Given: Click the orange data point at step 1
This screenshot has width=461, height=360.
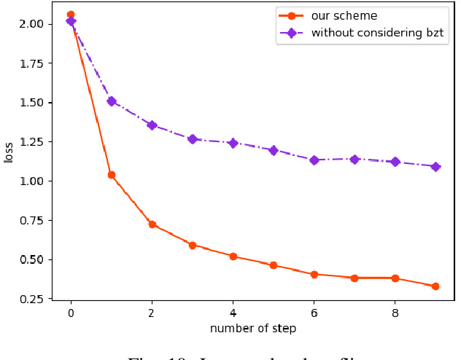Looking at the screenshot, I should (x=112, y=175).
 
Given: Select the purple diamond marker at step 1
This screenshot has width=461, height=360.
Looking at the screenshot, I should (x=112, y=101).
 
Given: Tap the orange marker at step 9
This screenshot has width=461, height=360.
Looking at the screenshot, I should (x=435, y=286).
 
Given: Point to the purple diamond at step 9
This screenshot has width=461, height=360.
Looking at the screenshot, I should (x=435, y=167).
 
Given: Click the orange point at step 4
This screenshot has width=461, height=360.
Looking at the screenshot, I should (x=233, y=257).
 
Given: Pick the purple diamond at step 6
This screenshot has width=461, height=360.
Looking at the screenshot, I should (x=314, y=160).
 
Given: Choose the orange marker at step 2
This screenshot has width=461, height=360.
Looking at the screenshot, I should (x=152, y=224).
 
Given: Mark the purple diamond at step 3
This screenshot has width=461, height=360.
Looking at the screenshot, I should (x=193, y=138).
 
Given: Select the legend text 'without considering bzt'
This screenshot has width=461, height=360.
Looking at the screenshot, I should (x=378, y=33).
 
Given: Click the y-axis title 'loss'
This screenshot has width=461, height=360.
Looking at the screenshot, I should (x=9, y=152).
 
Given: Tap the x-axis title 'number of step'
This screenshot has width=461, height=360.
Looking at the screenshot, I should (x=253, y=329).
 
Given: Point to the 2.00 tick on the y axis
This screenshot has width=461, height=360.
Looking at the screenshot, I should (x=33, y=24).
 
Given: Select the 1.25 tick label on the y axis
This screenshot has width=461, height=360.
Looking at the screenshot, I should (x=33, y=142).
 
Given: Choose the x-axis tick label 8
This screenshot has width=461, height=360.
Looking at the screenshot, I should (x=395, y=312).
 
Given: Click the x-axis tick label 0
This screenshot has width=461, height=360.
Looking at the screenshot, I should (x=71, y=312).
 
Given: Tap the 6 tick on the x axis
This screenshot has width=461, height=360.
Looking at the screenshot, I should (x=314, y=312).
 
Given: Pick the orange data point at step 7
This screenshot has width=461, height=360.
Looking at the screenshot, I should (x=355, y=278).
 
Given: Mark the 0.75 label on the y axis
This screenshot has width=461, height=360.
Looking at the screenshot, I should (x=33, y=221).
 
